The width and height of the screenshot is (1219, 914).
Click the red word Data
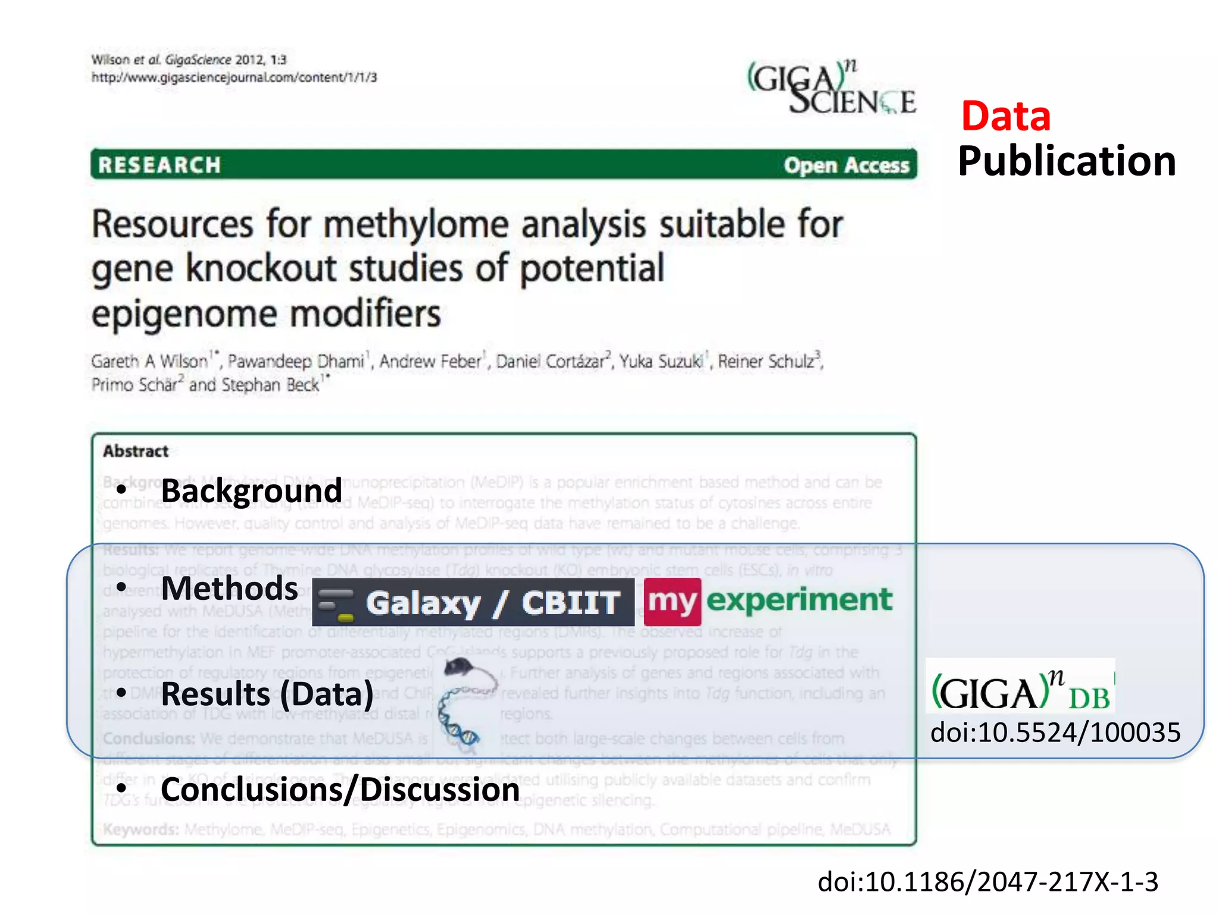(x=1005, y=116)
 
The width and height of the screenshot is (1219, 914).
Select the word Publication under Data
(x=1066, y=161)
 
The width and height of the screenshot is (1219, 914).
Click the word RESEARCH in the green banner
(x=160, y=165)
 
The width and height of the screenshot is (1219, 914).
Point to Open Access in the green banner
(x=846, y=165)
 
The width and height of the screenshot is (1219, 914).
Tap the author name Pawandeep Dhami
(x=295, y=361)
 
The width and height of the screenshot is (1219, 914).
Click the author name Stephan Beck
(x=271, y=385)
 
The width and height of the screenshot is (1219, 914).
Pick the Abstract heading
(x=136, y=451)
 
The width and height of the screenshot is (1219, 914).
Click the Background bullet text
(x=251, y=491)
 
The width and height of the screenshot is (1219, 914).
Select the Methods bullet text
(x=229, y=589)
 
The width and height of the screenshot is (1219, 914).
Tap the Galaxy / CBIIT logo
(x=473, y=602)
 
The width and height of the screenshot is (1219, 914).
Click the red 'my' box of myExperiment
(x=672, y=601)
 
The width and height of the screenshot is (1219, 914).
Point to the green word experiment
(x=799, y=600)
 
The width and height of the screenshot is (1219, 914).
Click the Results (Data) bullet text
(x=267, y=694)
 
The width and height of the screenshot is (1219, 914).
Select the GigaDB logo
(x=1020, y=688)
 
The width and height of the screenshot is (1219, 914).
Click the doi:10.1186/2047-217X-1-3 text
(x=987, y=881)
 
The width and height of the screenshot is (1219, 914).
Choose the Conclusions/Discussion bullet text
(x=340, y=790)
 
